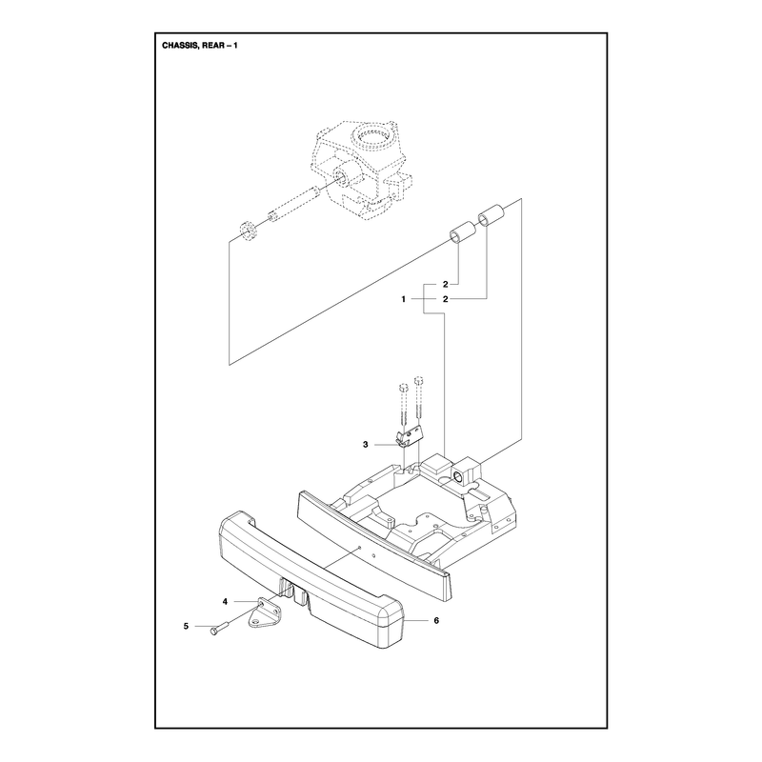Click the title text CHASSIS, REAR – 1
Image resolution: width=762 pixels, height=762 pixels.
[x=200, y=46]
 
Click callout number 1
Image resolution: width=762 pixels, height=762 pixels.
[x=403, y=299]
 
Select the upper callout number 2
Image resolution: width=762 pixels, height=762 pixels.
[x=445, y=284]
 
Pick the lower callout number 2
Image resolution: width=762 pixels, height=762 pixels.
[x=445, y=299]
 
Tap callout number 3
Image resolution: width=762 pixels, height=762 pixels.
[x=366, y=445]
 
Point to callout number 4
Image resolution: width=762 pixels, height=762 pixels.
[x=225, y=602]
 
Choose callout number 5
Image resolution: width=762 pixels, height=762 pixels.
[x=186, y=627]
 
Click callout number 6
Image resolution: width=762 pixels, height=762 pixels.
[x=436, y=621]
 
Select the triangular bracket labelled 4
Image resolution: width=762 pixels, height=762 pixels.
[x=266, y=613]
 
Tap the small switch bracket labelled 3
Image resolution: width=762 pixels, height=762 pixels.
[x=410, y=435]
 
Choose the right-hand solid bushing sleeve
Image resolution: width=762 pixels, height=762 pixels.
[x=491, y=215]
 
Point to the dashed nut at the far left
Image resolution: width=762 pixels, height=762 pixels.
[x=249, y=230]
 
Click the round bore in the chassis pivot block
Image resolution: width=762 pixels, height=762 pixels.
[x=457, y=474]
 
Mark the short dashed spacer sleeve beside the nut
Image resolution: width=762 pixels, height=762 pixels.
[x=275, y=215]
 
